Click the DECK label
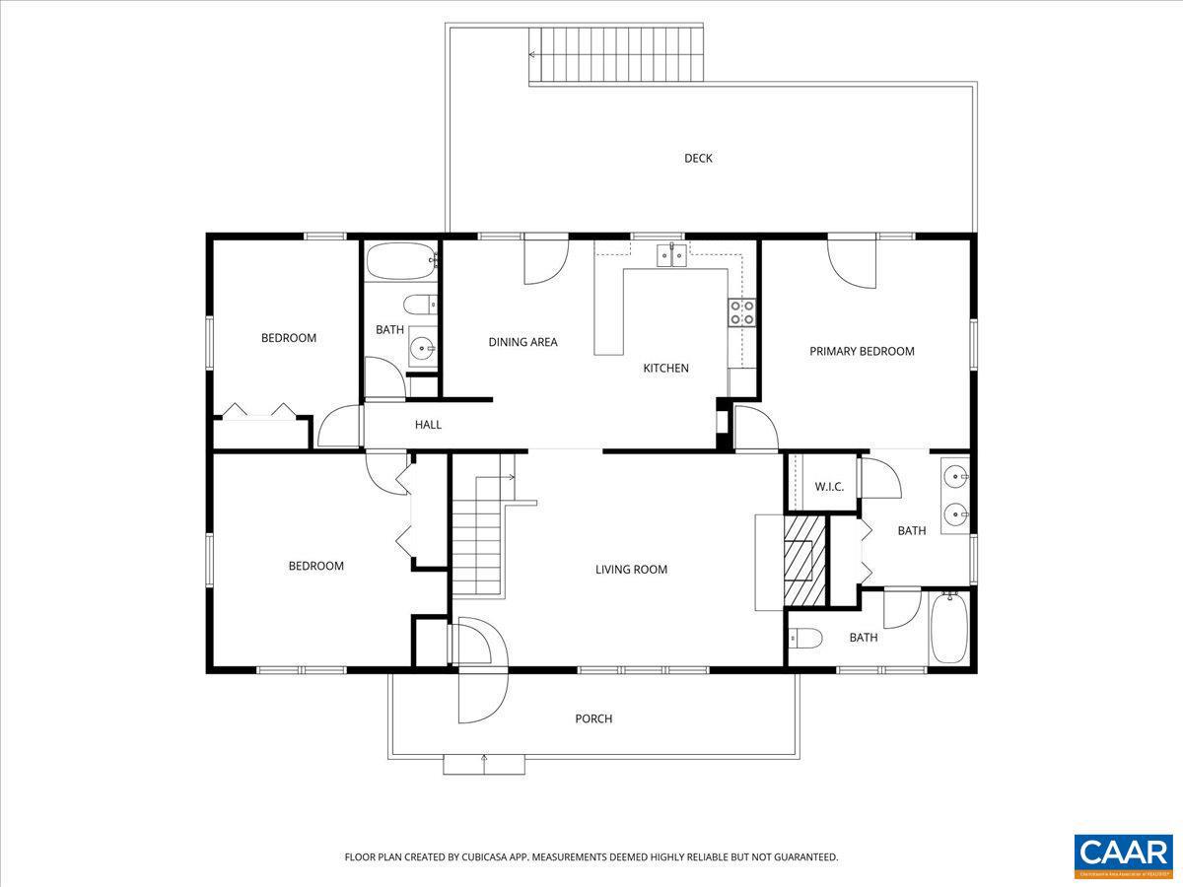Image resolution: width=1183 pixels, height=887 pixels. (698, 159)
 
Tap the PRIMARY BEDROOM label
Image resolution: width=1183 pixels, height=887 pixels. (862, 351)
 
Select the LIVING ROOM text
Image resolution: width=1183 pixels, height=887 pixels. (631, 570)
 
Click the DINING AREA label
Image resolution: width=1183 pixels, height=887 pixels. (522, 342)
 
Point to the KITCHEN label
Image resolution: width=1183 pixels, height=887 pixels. (665, 369)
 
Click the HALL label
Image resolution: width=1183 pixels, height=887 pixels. (428, 425)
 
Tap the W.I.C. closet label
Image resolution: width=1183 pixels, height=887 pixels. (829, 487)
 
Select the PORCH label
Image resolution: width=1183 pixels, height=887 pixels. (593, 719)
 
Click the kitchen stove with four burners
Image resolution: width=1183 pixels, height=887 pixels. (742, 312)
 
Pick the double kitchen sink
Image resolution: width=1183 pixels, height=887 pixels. (672, 255)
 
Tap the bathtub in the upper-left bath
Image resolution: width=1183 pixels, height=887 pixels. (400, 264)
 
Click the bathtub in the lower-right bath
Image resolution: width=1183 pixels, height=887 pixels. (950, 628)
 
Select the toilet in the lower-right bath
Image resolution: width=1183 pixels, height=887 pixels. (805, 639)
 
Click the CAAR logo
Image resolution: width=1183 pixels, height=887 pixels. (1124, 854)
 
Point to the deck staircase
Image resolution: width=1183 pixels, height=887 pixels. (617, 55)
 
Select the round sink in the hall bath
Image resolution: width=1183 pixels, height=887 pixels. (423, 347)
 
